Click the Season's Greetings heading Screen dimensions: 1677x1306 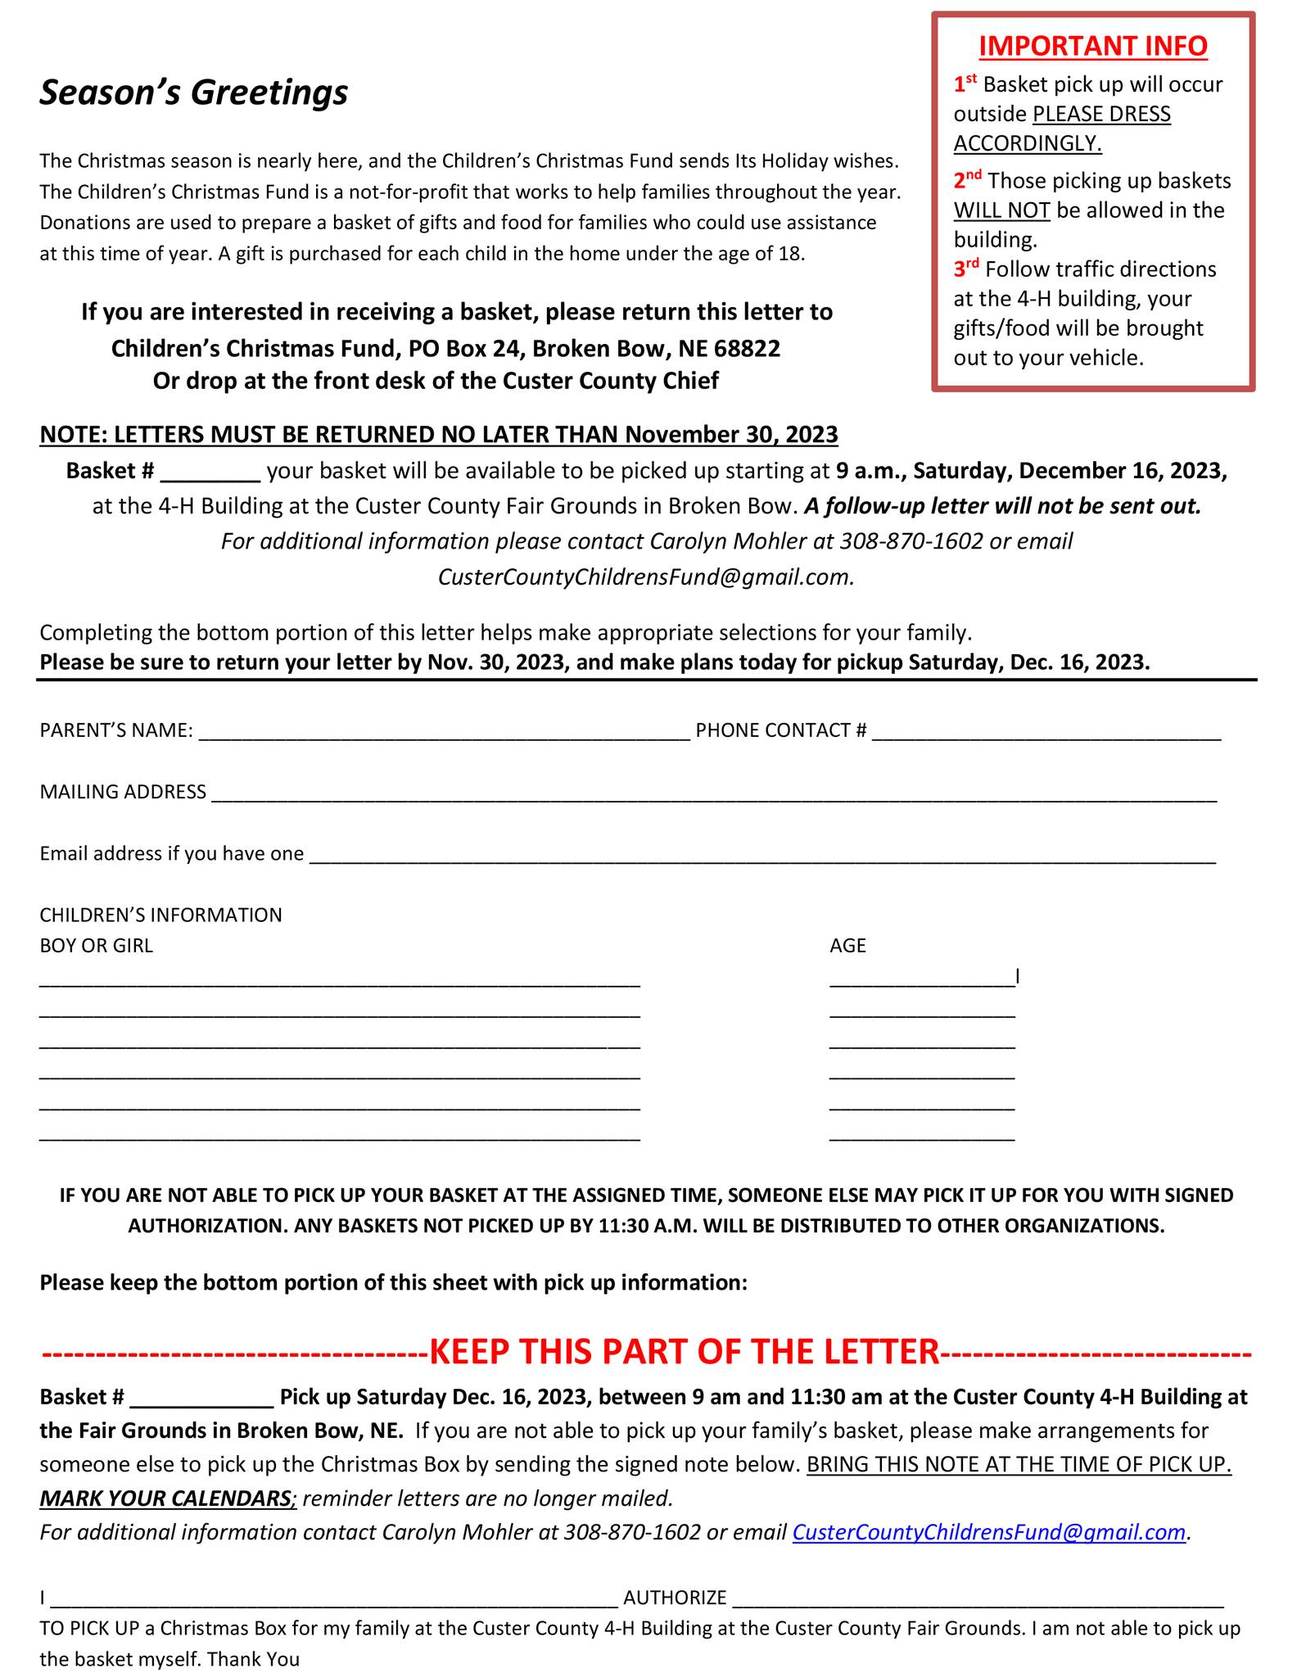(194, 93)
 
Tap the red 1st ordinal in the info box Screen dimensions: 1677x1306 (965, 83)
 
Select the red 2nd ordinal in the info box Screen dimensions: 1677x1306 (967, 179)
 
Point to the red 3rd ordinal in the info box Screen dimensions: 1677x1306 (966, 268)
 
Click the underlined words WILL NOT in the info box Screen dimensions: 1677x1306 (1001, 210)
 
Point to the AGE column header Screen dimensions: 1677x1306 (847, 946)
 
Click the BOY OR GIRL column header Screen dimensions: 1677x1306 (96, 946)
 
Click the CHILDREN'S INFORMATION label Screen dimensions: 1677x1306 (160, 915)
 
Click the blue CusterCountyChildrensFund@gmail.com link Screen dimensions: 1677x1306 (988, 1532)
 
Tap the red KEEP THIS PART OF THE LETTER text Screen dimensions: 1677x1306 (683, 1351)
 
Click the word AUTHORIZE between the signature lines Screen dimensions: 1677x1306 (675, 1598)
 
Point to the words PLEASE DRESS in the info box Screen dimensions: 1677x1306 (1101, 114)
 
